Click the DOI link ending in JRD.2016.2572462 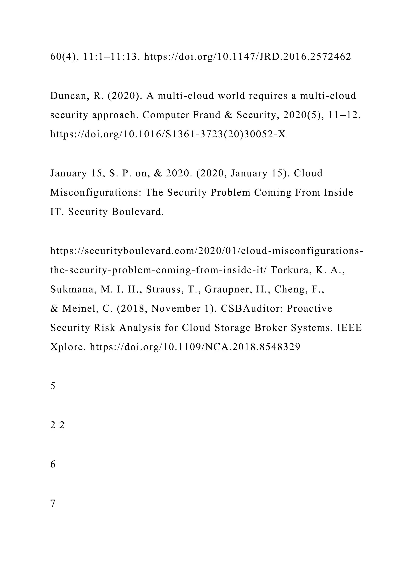[247, 57]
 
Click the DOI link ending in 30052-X [168, 134]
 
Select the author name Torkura [290, 270]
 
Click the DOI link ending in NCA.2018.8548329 [195, 347]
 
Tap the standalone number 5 [53, 386]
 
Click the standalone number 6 [53, 464]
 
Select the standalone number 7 [53, 503]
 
